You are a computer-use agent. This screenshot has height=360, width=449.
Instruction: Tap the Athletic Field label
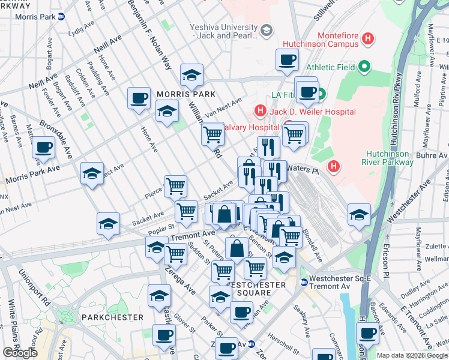tap(330, 67)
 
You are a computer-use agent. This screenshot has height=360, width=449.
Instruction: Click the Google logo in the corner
tap(20, 353)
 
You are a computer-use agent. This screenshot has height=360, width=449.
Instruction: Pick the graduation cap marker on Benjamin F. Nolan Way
tap(191, 74)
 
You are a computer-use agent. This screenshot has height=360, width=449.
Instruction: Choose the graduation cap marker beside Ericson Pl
tap(359, 214)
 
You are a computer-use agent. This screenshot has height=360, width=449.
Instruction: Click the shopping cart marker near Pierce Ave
tap(175, 186)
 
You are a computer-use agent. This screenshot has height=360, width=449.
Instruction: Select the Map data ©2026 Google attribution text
tap(412, 355)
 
